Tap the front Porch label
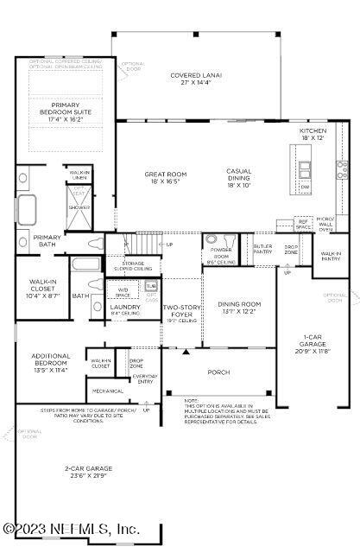click(219, 372)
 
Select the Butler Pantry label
click(262, 249)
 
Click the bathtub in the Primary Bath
click(26, 210)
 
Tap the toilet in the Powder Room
click(212, 240)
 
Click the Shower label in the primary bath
click(79, 207)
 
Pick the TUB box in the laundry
click(151, 285)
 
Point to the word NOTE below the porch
click(192, 400)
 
